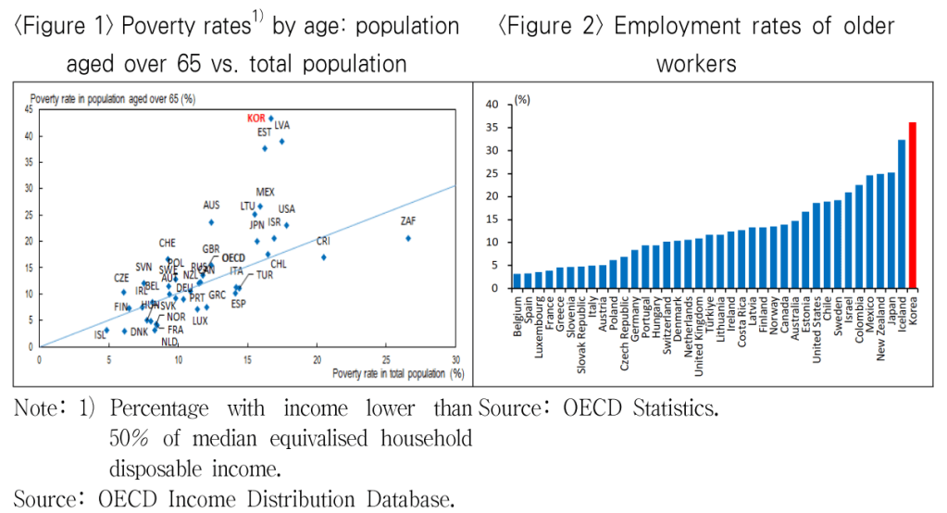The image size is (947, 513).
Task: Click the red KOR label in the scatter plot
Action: pos(255,119)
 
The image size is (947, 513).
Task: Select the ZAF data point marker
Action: pos(408,238)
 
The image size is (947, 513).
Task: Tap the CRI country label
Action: pos(323,241)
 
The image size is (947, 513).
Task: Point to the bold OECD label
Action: pos(233,258)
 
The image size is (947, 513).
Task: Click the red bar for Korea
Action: pos(913,205)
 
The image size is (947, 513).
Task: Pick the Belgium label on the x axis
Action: pos(517,316)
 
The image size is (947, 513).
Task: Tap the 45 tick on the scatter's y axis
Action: pos(30,109)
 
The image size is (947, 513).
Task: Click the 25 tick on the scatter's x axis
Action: pos(385,358)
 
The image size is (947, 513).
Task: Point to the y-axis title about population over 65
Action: pos(113,97)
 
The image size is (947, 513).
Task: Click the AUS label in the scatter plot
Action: pos(211,206)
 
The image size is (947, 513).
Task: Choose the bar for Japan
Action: pos(891,230)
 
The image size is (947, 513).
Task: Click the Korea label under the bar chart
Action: pos(913,307)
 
